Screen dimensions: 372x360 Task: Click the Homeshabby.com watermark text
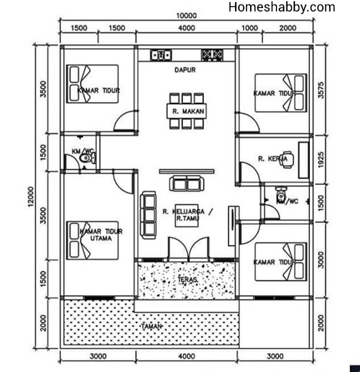(282, 7)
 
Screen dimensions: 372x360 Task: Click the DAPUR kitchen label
(185, 70)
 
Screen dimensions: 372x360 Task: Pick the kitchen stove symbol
(212, 55)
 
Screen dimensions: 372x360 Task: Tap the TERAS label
(187, 279)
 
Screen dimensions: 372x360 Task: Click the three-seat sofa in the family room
(148, 215)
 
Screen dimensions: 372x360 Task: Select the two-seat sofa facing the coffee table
(187, 183)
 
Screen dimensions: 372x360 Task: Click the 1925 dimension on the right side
(321, 159)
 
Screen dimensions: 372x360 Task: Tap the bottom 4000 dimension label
(187, 356)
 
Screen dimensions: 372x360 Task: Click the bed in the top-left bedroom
(93, 84)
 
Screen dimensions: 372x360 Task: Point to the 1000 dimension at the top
(249, 28)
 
